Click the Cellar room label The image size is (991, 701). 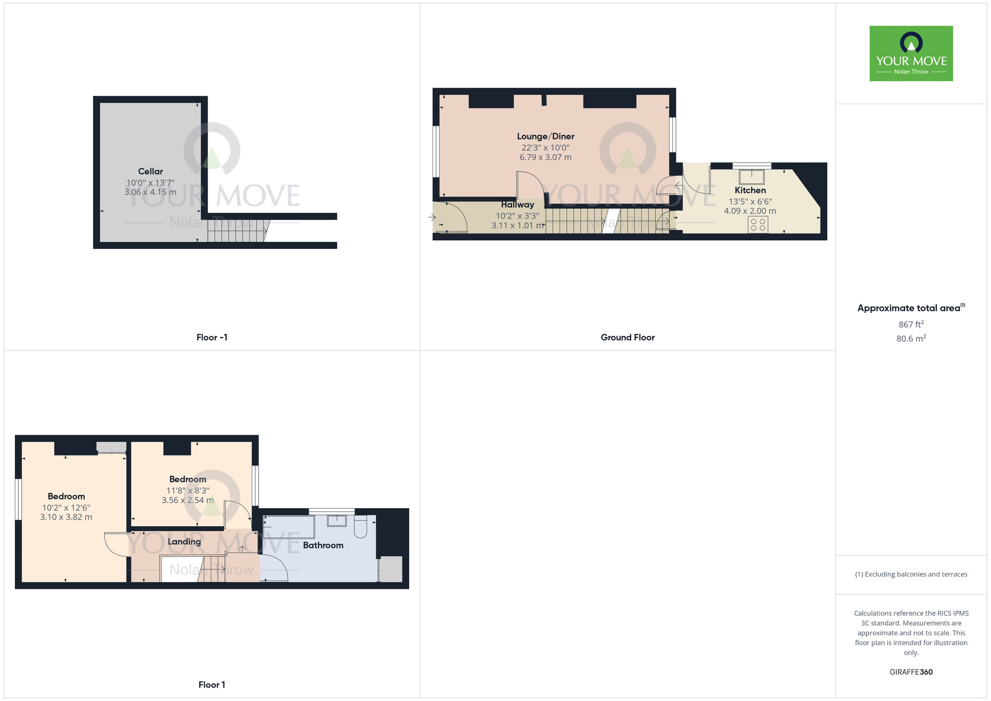[150, 172]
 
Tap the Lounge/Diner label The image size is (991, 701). [546, 136]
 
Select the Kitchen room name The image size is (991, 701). [750, 190]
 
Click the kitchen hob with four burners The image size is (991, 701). [758, 225]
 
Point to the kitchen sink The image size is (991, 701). [752, 177]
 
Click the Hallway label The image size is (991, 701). [517, 205]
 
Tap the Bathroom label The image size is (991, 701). [323, 545]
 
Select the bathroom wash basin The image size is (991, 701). [337, 521]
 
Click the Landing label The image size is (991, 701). [184, 542]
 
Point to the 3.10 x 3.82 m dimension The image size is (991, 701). [66, 517]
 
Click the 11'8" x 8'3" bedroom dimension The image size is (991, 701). [187, 491]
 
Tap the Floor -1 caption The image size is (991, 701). [212, 338]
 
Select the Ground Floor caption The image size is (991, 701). [627, 338]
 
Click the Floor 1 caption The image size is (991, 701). [212, 685]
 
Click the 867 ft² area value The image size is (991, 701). [911, 325]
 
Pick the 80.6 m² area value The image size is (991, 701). [911, 339]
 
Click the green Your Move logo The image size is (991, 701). [911, 54]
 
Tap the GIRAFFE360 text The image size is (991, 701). [911, 672]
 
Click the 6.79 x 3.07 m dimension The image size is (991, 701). [545, 158]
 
